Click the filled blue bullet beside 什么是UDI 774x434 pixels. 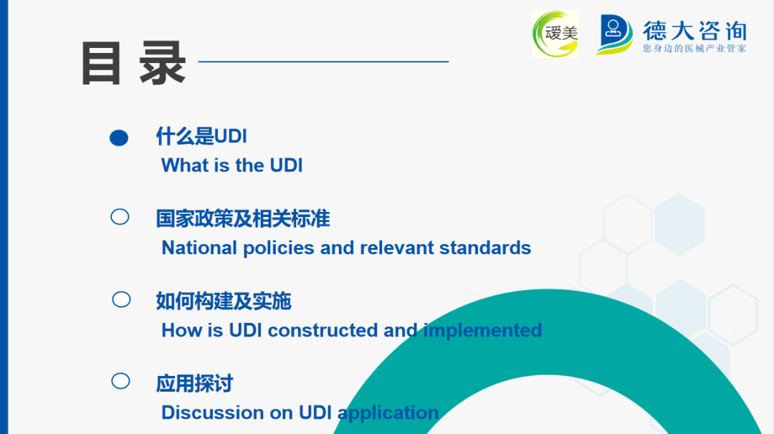pyautogui.click(x=119, y=138)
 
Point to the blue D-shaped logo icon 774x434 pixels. pyautogui.click(x=614, y=34)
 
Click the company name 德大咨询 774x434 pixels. pyautogui.click(x=694, y=31)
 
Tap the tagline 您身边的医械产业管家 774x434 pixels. pyautogui.click(x=694, y=48)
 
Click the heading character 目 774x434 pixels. pyautogui.click(x=101, y=63)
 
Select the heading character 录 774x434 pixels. pyautogui.click(x=163, y=63)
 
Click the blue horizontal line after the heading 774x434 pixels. pyautogui.click(x=323, y=62)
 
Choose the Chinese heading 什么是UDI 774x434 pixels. pyautogui.click(x=201, y=136)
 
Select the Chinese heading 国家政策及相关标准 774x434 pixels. pyautogui.click(x=243, y=218)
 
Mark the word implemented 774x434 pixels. pyautogui.click(x=483, y=330)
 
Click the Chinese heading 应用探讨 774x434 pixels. pyautogui.click(x=194, y=383)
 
